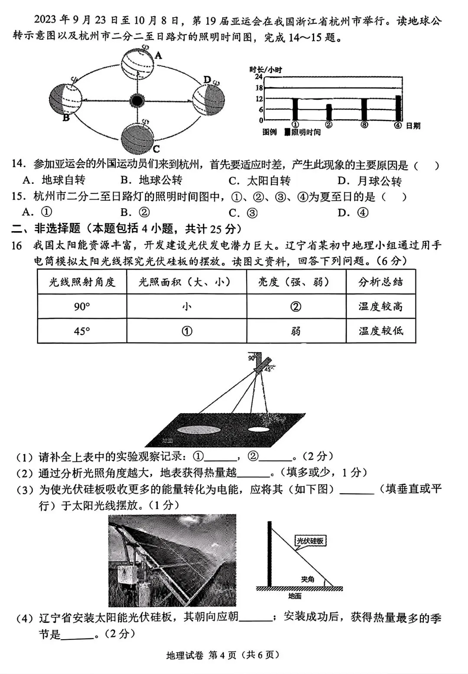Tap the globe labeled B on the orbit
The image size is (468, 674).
[x=65, y=99]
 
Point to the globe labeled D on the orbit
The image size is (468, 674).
[x=208, y=100]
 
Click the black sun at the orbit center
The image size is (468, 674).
[x=137, y=101]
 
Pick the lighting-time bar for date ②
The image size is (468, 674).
[x=329, y=112]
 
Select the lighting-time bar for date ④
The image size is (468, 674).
[x=398, y=108]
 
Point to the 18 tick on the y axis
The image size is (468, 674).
[x=259, y=88]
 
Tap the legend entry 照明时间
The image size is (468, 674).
[x=305, y=132]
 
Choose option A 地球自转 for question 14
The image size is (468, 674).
[x=54, y=180]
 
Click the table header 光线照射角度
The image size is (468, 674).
[x=82, y=282]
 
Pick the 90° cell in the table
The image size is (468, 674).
[x=82, y=307]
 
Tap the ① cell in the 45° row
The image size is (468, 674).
[x=186, y=331]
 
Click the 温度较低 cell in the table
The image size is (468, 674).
[x=380, y=331]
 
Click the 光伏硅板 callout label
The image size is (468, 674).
[x=309, y=540]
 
